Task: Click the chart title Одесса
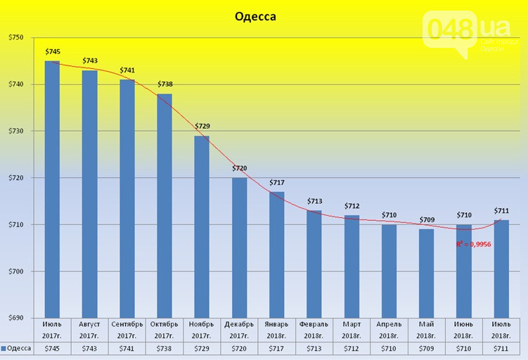(255, 15)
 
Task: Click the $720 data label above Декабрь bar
(240, 169)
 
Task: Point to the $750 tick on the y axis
(15, 37)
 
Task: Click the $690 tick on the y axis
(15, 318)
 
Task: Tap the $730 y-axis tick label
(15, 131)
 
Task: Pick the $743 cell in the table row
(90, 349)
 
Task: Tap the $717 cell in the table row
(276, 349)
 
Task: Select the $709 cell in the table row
(426, 349)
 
